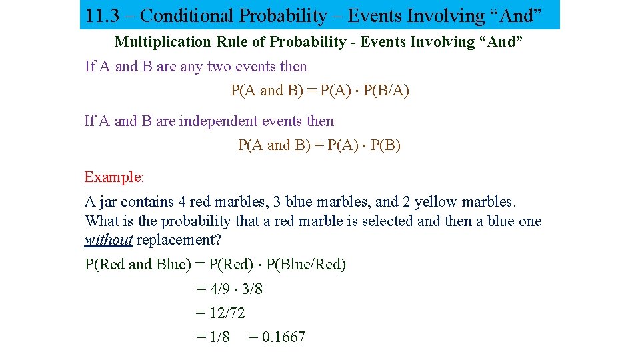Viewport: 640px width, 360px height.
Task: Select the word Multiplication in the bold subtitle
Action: click(163, 42)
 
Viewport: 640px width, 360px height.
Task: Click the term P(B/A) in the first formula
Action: click(387, 91)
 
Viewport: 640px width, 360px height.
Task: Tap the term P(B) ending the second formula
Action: click(385, 145)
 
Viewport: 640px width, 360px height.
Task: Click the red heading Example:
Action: click(114, 177)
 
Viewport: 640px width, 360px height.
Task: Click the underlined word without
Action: click(109, 240)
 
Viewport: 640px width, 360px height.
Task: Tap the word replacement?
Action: click(179, 240)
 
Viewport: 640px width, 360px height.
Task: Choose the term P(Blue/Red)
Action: click(306, 265)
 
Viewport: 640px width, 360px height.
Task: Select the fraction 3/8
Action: click(252, 289)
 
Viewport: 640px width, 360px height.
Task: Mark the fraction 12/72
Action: click(228, 313)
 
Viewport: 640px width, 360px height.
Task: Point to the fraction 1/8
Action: click(219, 337)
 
